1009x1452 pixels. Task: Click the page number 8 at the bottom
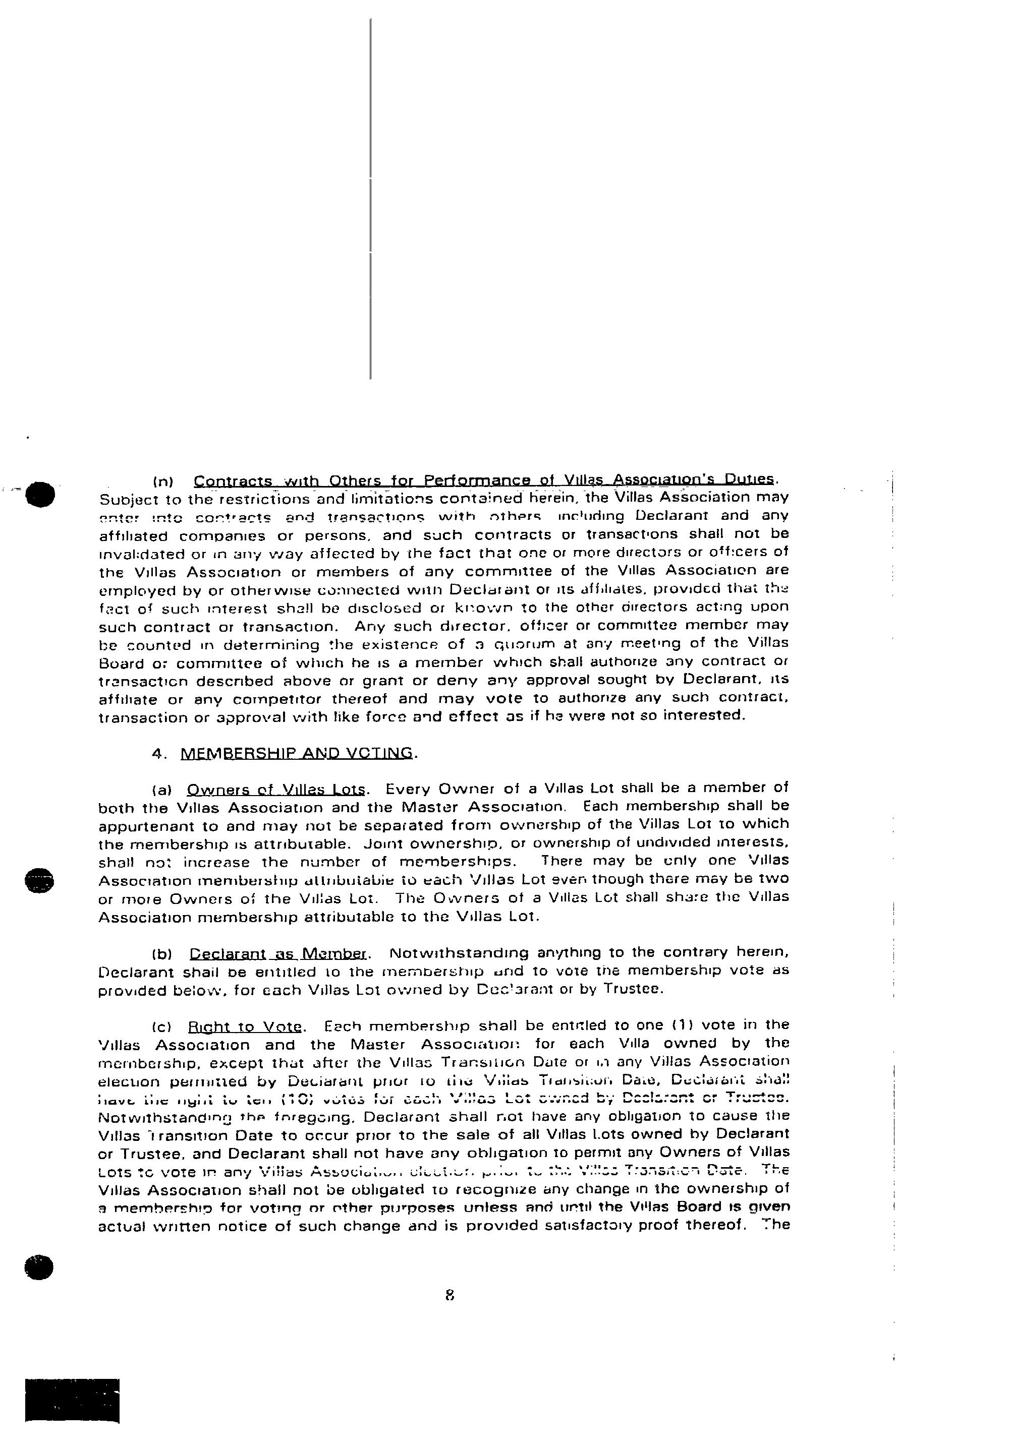tap(450, 1295)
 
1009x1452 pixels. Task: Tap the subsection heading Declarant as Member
tap(277, 953)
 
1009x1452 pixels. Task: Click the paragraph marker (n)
tap(164, 481)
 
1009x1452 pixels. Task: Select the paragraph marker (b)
tap(162, 953)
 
